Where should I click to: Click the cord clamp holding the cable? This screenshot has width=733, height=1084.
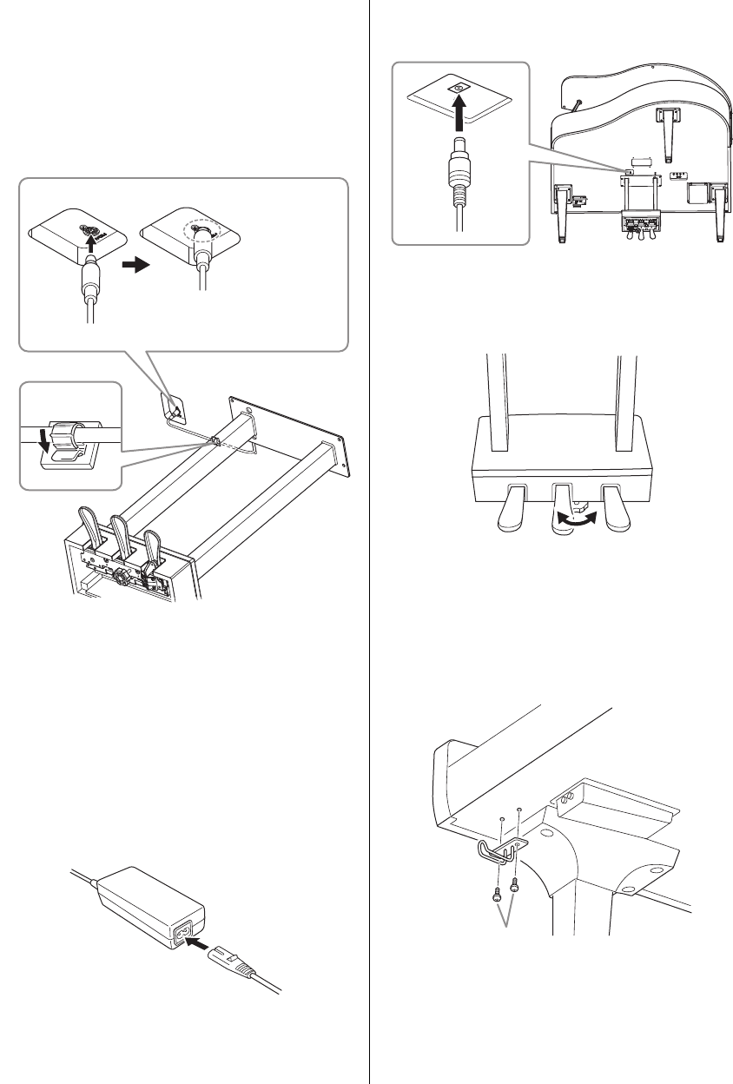pyautogui.click(x=68, y=433)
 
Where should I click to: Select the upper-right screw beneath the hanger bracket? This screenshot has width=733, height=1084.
pyautogui.click(x=515, y=883)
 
